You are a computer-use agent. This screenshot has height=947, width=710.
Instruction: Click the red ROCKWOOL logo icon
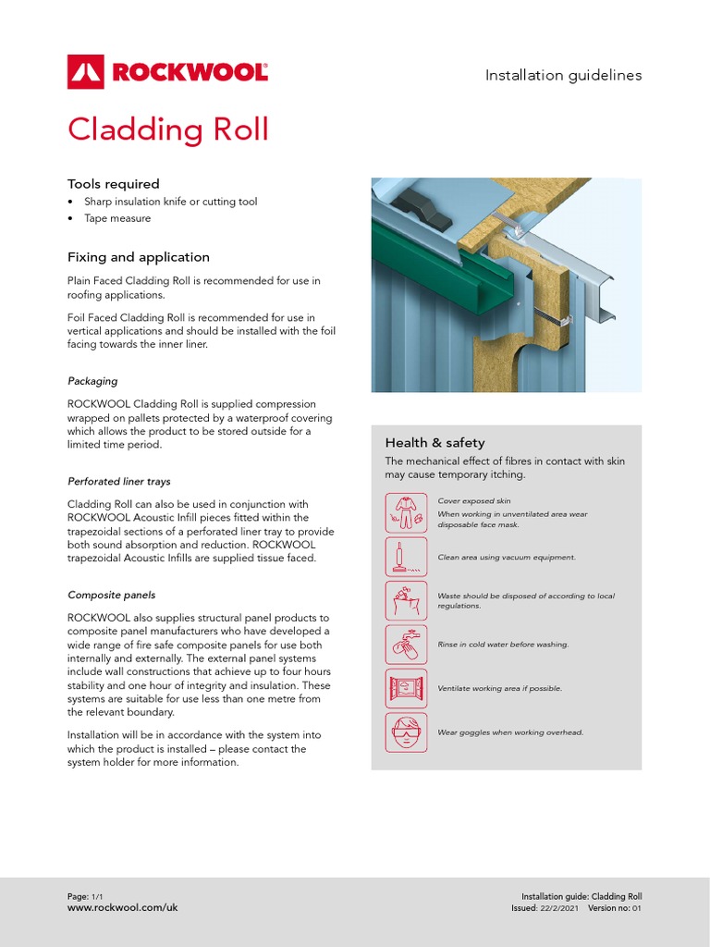coord(86,71)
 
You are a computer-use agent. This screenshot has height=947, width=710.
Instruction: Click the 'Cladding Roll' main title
coord(167,129)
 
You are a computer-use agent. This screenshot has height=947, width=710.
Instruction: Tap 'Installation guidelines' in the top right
coord(563,76)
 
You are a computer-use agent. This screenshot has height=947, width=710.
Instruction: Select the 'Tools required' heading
coord(113,184)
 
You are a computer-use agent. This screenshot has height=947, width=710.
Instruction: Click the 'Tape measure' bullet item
coord(116,218)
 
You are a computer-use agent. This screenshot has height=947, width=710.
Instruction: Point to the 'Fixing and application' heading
coord(138,257)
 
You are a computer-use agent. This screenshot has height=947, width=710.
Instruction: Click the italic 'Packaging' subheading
coord(92,381)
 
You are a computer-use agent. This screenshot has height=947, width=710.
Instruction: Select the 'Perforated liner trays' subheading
coord(118,481)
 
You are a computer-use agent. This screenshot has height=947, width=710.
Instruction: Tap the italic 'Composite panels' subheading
coord(111,595)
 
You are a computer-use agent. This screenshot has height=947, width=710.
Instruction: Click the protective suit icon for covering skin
coord(406,513)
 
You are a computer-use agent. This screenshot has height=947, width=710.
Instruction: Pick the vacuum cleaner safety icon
coord(406,558)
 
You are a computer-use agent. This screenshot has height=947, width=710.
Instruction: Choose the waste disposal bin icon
coord(406,601)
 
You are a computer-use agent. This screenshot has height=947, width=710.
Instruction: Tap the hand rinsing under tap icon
coord(406,645)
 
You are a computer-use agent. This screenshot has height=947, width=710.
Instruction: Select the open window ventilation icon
coord(406,688)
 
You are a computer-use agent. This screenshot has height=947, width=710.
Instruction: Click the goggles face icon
coord(406,732)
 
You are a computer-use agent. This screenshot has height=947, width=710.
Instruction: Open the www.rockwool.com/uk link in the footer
coord(122,908)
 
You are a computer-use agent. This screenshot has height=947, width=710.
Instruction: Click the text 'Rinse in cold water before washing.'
coord(503,645)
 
